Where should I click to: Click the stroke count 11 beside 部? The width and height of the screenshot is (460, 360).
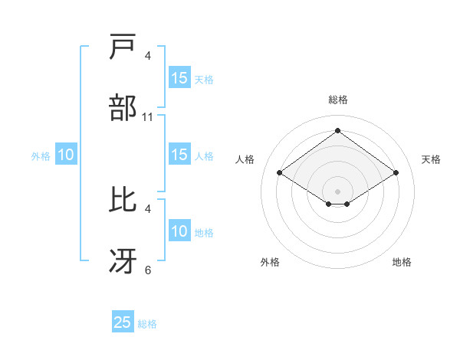(x=148, y=117)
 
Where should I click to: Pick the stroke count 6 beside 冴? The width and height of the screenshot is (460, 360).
(x=148, y=270)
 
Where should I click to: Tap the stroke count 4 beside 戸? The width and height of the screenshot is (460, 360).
(x=148, y=56)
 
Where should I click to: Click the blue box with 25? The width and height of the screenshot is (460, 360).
(x=123, y=322)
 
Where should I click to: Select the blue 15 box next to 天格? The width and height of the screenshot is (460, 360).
(x=179, y=78)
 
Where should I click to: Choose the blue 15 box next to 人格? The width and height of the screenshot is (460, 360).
(x=179, y=155)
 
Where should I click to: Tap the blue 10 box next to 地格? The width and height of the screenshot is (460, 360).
(x=179, y=231)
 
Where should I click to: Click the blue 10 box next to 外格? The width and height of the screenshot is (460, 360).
(x=66, y=155)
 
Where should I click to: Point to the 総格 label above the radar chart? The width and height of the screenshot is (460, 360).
(x=338, y=100)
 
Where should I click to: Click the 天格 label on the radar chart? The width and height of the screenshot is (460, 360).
(x=431, y=159)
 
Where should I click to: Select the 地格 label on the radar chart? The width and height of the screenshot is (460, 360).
(x=402, y=263)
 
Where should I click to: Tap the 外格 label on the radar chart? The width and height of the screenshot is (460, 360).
(x=270, y=263)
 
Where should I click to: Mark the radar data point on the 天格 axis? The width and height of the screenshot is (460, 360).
(x=396, y=173)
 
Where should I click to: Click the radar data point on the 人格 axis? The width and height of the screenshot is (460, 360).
(x=280, y=173)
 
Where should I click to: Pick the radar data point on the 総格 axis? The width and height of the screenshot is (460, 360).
(x=338, y=131)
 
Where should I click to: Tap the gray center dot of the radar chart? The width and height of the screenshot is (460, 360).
(x=338, y=191)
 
